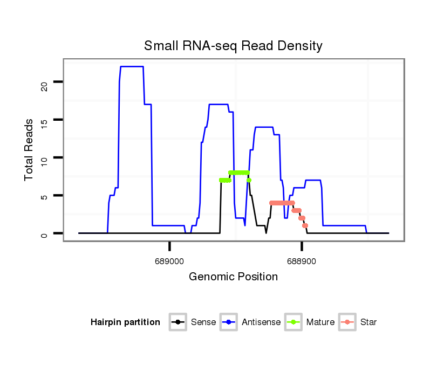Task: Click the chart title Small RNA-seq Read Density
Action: pyautogui.click(x=233, y=46)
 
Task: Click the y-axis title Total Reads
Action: pyautogui.click(x=30, y=149)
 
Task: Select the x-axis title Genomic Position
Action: pyautogui.click(x=233, y=277)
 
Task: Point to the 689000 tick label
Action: pyautogui.click(x=169, y=261)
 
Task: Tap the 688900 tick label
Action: pyautogui.click(x=302, y=261)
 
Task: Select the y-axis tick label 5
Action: pyautogui.click(x=44, y=196)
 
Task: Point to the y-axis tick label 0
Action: pyautogui.click(x=44, y=233)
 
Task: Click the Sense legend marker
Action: pyautogui.click(x=177, y=322)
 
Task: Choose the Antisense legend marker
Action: pyautogui.click(x=229, y=322)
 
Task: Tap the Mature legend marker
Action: pyautogui.click(x=293, y=322)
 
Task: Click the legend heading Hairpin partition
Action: pyautogui.click(x=125, y=322)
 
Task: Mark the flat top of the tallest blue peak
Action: pyautogui.click(x=132, y=66)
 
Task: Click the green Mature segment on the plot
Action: pyautogui.click(x=238, y=173)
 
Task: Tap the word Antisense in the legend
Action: pyautogui.click(x=261, y=322)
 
